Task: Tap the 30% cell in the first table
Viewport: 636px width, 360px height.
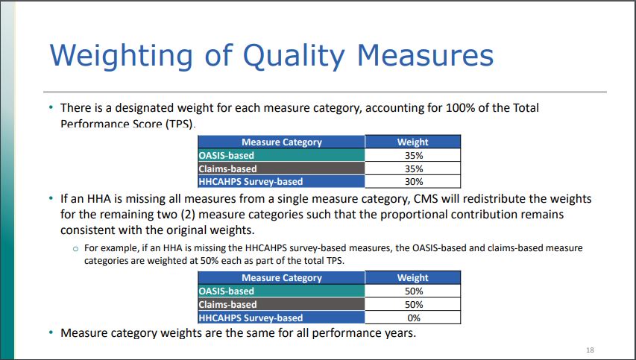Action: pyautogui.click(x=412, y=181)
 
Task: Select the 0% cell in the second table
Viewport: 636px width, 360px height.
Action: pyautogui.click(x=412, y=318)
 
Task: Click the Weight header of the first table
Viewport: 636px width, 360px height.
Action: pyautogui.click(x=412, y=142)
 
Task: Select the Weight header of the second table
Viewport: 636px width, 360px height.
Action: pyautogui.click(x=412, y=278)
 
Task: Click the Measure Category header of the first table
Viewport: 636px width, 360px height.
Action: pyautogui.click(x=282, y=142)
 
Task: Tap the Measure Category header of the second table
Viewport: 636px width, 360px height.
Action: pyautogui.click(x=282, y=278)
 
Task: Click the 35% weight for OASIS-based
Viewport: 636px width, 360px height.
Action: pyautogui.click(x=412, y=156)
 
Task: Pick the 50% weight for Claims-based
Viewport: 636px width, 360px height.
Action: pyautogui.click(x=412, y=304)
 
